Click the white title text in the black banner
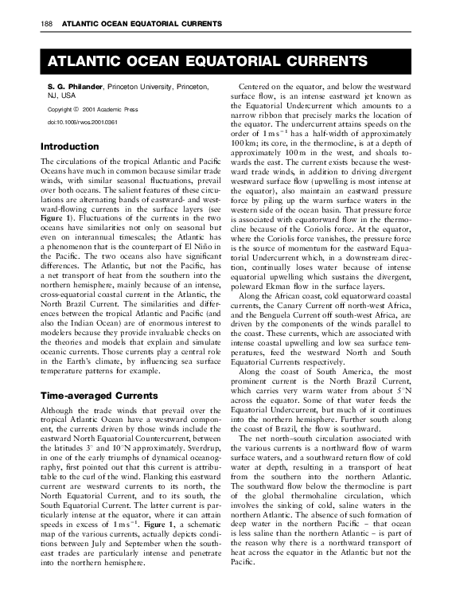click(x=207, y=62)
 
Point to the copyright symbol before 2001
click(x=74, y=107)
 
